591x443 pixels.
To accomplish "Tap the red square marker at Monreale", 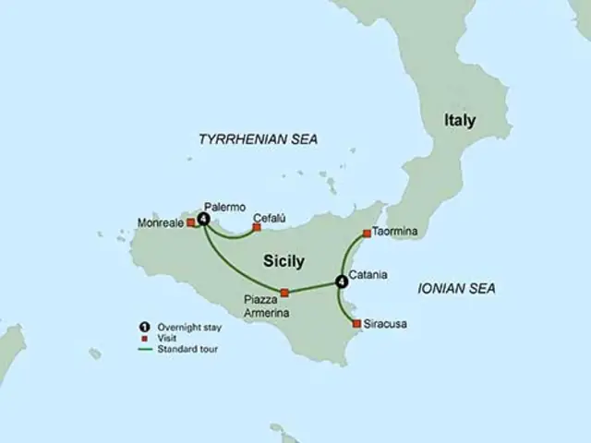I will click(x=192, y=222).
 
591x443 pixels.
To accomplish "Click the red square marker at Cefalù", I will click(x=257, y=226).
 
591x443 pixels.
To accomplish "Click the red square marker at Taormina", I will click(x=368, y=233).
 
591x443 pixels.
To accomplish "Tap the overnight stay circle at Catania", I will click(x=342, y=281).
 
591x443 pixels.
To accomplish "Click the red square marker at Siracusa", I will click(x=356, y=323).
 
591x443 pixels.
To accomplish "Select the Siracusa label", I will click(x=386, y=324).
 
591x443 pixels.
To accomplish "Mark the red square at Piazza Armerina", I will click(x=284, y=293).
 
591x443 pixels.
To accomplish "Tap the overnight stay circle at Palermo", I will click(x=203, y=219).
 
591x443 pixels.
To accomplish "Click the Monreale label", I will click(x=160, y=223).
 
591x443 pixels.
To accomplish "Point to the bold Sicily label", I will click(x=283, y=261).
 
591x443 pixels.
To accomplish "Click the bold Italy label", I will click(x=460, y=120).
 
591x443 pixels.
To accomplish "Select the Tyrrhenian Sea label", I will click(x=258, y=138).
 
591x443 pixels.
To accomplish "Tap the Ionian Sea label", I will click(x=456, y=289).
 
